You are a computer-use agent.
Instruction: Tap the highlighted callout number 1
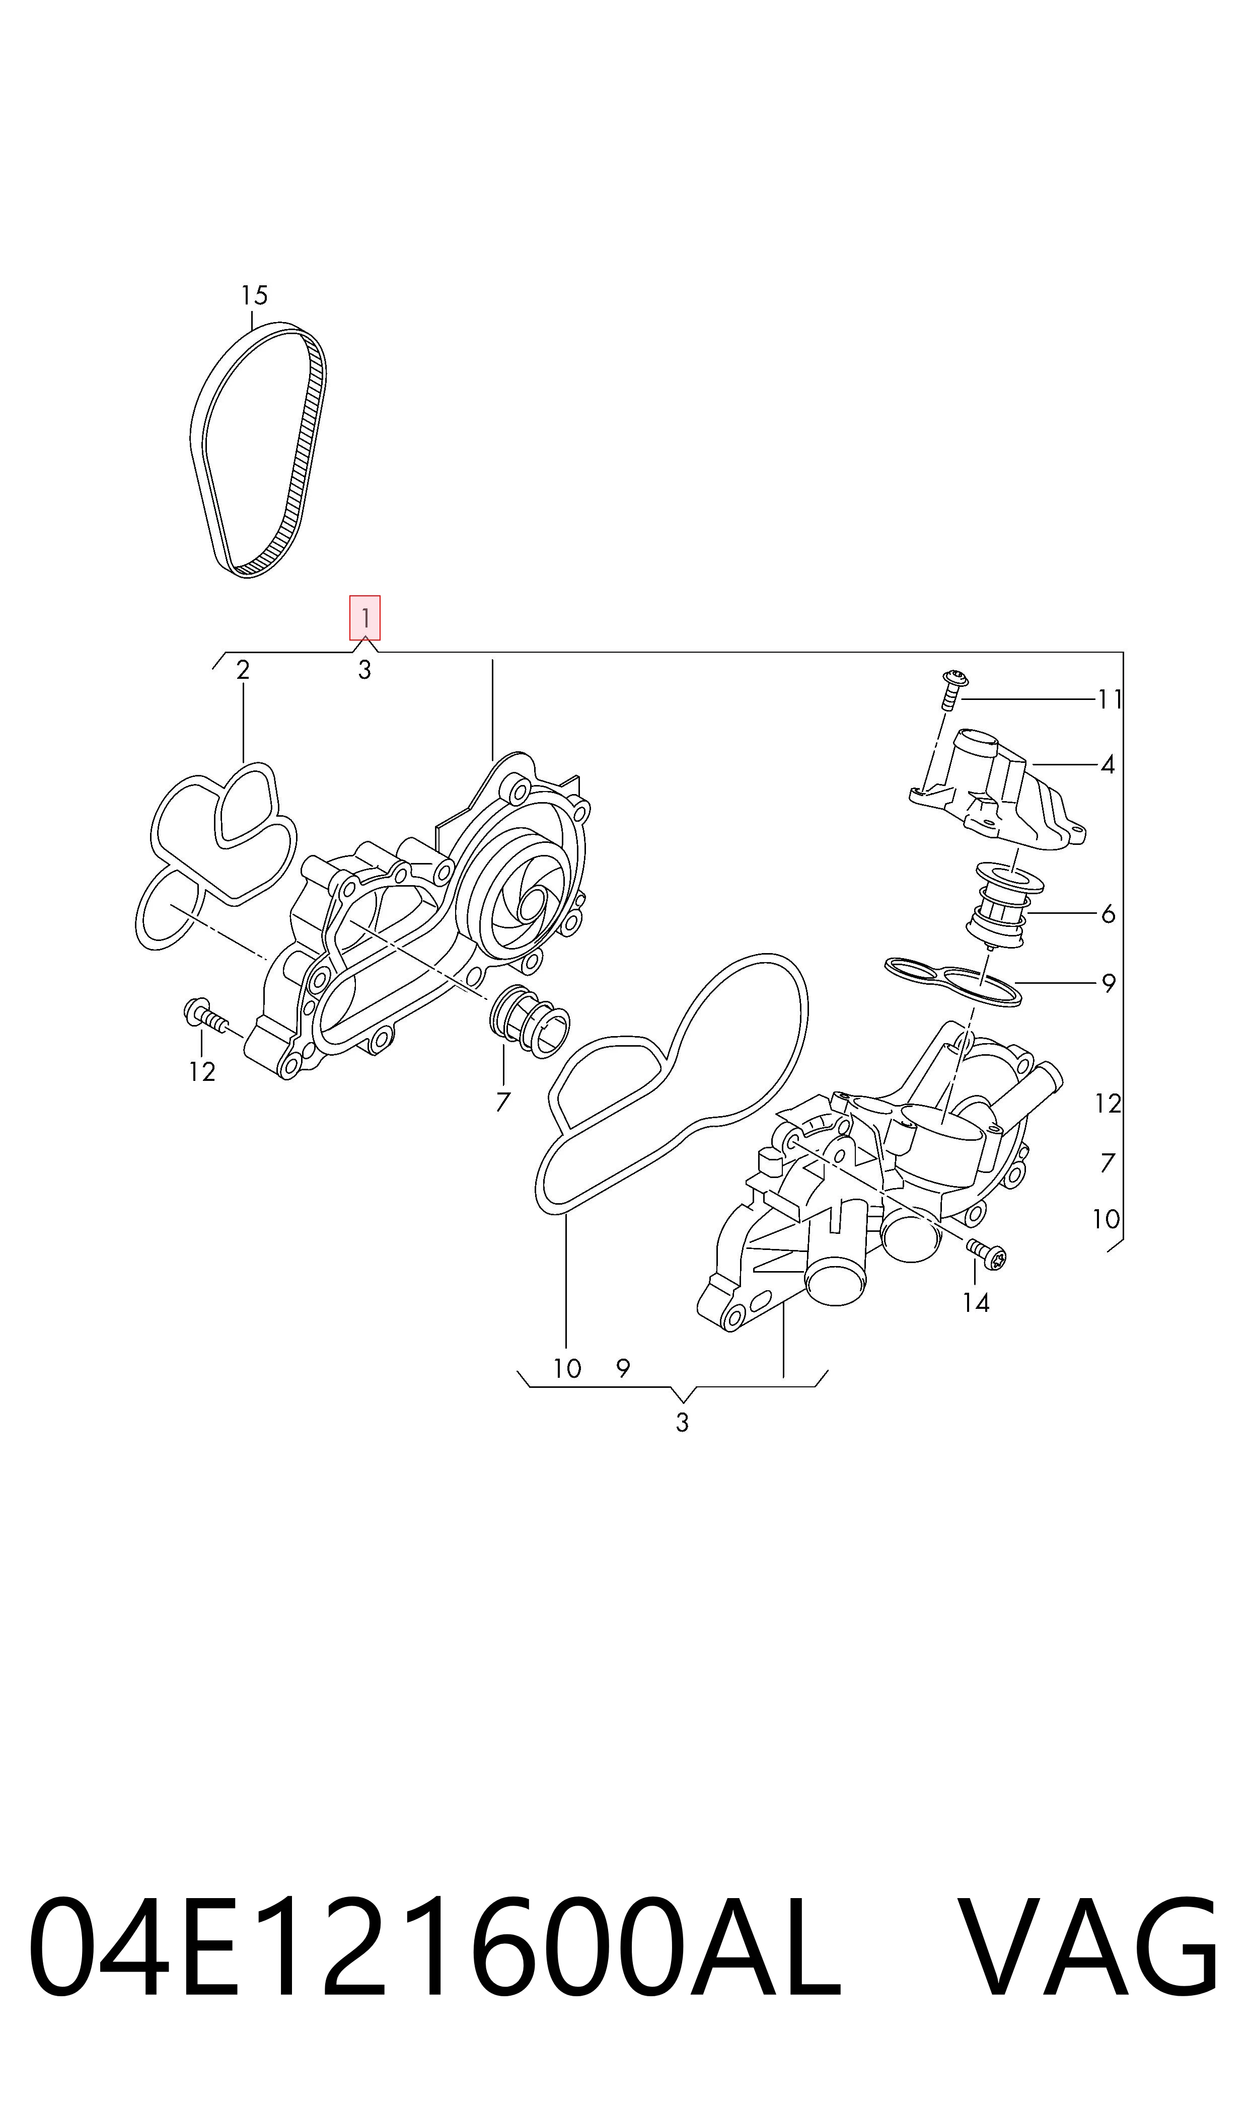coord(364,618)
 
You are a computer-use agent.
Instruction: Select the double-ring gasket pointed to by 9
coord(953,981)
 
